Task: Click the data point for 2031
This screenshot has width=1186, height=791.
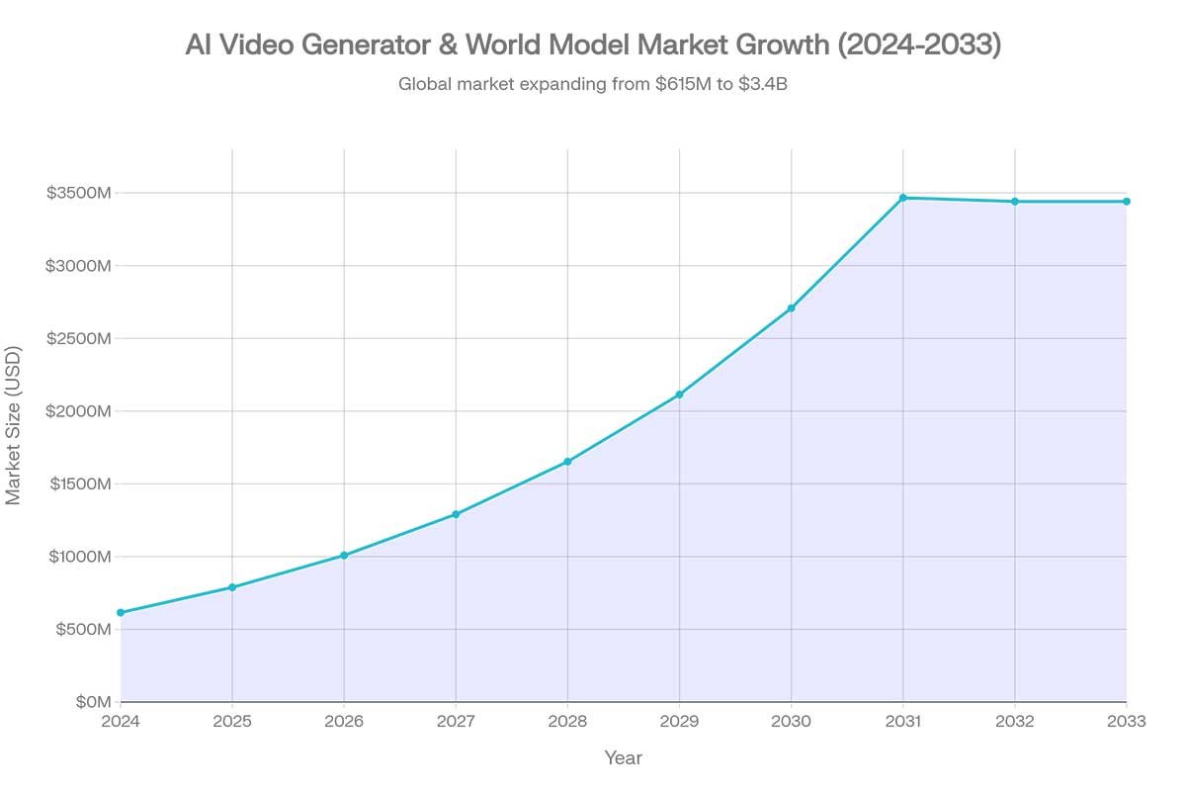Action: [902, 198]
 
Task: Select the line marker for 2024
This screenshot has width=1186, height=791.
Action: [121, 613]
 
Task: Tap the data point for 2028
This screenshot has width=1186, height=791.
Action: [567, 462]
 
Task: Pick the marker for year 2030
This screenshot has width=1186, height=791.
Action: [791, 308]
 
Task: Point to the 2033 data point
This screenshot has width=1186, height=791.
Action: [1126, 202]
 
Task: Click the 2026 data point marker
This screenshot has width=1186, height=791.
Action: [344, 556]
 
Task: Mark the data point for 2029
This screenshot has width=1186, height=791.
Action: [679, 395]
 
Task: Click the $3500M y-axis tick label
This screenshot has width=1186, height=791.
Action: [79, 193]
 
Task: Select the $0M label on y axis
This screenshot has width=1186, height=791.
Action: [92, 702]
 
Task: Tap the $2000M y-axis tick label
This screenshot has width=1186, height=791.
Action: [79, 411]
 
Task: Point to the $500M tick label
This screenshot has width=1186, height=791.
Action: [84, 630]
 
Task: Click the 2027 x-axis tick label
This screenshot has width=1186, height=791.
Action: [456, 722]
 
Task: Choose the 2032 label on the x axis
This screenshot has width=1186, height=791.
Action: [1014, 722]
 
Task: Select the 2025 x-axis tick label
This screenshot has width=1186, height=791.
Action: [232, 722]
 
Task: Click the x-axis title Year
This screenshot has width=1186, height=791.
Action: [623, 758]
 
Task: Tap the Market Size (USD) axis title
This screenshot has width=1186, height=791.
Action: [14, 425]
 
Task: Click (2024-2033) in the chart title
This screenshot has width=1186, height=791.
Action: [919, 45]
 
